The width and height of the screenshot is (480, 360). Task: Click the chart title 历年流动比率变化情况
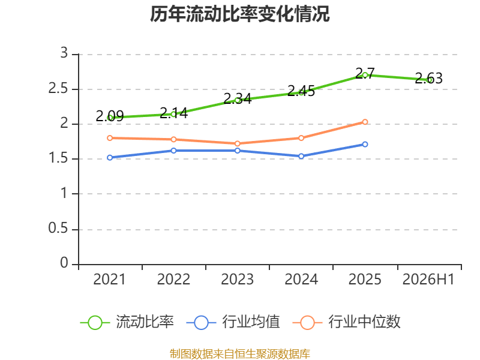239,14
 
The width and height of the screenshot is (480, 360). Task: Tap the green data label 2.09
110,116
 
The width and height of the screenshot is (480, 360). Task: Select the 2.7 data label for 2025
365,73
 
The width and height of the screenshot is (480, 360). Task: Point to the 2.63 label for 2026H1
428,79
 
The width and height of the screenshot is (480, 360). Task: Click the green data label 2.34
237,98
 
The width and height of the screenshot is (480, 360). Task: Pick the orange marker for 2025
365,122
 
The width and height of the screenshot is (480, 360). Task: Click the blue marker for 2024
301,156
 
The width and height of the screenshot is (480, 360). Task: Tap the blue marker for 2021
110,158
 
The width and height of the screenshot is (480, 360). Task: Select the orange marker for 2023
237,143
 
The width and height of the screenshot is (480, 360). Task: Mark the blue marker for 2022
173,151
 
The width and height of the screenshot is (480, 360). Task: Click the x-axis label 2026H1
428,280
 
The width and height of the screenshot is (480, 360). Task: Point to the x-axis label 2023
237,280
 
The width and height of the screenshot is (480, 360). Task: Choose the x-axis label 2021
109,280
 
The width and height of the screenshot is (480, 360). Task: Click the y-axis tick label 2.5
58,89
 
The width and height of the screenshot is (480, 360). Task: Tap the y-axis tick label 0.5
58,229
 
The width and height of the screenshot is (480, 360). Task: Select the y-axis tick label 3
64,53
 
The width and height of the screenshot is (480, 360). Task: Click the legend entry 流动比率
127,322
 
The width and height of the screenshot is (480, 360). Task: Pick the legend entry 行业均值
233,322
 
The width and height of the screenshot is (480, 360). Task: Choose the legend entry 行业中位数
347,322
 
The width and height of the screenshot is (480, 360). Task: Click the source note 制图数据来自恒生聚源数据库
240,354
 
